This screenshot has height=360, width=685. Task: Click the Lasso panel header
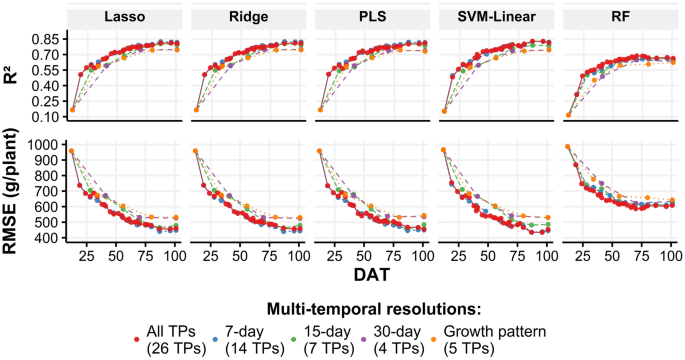click(124, 17)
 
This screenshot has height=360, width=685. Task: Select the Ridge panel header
click(247, 17)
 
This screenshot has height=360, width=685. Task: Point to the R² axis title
click(13, 77)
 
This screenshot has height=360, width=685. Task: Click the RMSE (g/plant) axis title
click(13, 191)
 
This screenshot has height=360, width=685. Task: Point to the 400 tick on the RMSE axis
click(45, 239)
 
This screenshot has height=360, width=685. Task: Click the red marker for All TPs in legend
click(136, 340)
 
